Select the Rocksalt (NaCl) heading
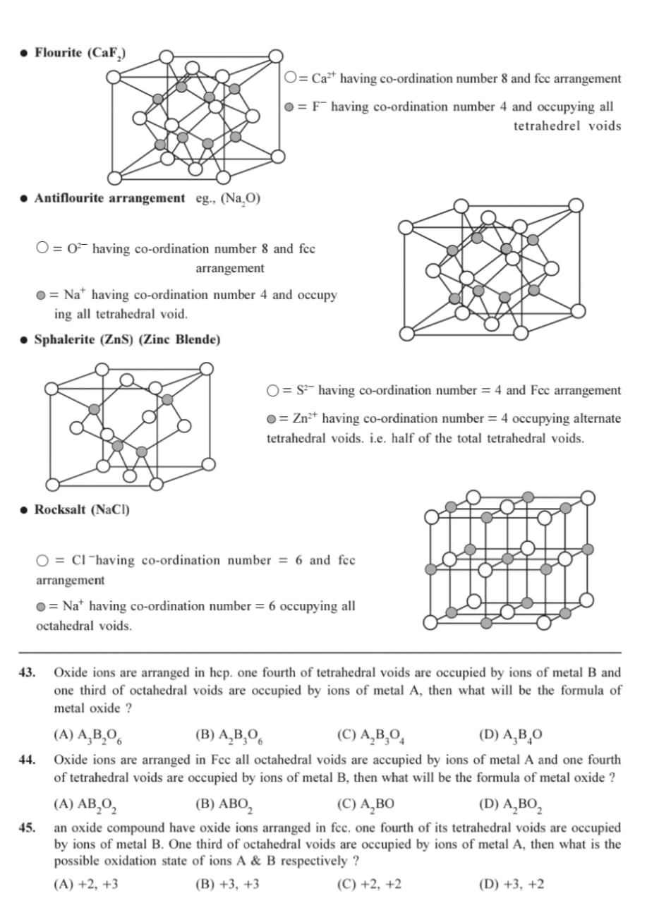[82, 509]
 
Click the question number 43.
[28, 673]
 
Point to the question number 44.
[28, 760]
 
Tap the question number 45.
[28, 828]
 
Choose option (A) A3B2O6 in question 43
[88, 735]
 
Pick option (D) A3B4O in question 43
[510, 735]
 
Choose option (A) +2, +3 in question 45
[85, 884]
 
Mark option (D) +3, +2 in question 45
[511, 884]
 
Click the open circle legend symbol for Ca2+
[291, 79]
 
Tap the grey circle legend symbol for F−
[289, 107]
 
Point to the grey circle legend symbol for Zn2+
[272, 419]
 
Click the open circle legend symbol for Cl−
[43, 561]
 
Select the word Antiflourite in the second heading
[68, 198]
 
